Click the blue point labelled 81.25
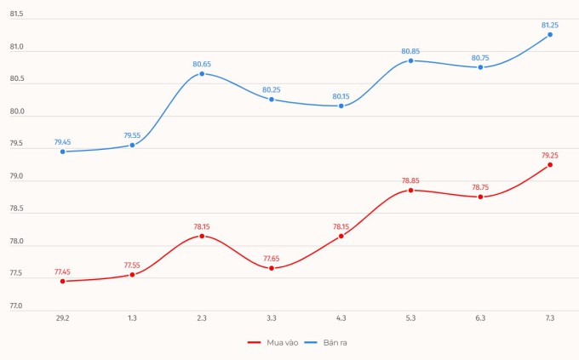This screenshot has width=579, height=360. click(x=550, y=34)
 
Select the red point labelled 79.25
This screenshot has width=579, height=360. click(x=550, y=164)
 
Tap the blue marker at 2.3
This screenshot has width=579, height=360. click(x=202, y=73)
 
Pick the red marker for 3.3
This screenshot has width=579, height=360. click(x=272, y=268)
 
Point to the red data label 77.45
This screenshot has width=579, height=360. click(x=63, y=271)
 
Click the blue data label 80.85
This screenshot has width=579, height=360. click(x=411, y=51)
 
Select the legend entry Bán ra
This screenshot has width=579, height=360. click(x=333, y=342)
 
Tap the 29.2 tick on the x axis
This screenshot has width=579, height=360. click(x=63, y=317)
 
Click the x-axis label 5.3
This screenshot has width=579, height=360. click(x=411, y=317)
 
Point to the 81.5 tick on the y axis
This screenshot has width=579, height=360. click(x=15, y=15)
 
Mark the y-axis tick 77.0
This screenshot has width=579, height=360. click(x=15, y=306)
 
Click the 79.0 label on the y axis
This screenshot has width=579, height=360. click(x=15, y=177)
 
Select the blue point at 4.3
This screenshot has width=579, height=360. click(x=341, y=106)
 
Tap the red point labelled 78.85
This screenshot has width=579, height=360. click(x=411, y=190)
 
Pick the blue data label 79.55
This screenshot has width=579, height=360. click(x=133, y=135)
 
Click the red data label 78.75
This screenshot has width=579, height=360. click(x=480, y=187)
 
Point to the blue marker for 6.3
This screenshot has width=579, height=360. click(x=480, y=67)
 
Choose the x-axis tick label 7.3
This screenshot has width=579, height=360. click(x=550, y=317)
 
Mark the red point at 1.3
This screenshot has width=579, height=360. click(x=133, y=275)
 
